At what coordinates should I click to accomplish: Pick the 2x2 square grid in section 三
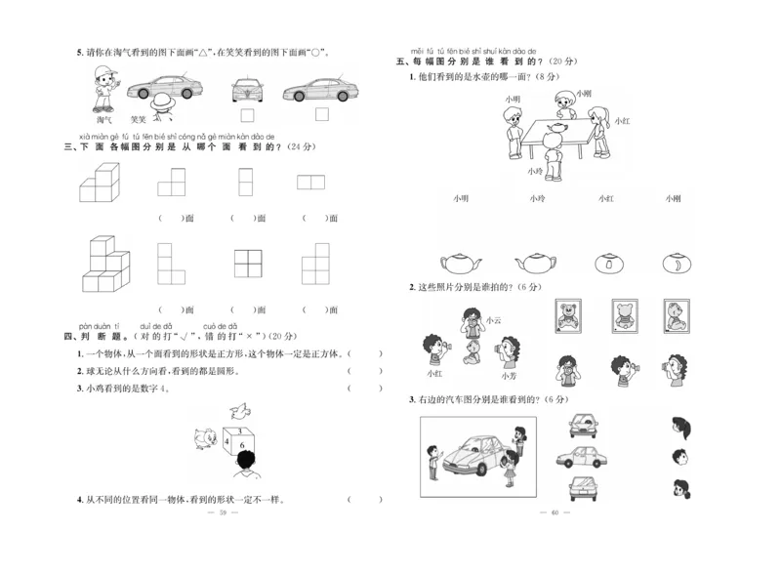pos(249,264)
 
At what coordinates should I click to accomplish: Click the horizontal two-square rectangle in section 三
pos(310,182)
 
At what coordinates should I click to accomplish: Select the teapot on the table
pos(561,129)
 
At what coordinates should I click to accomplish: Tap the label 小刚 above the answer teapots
pos(673,198)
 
